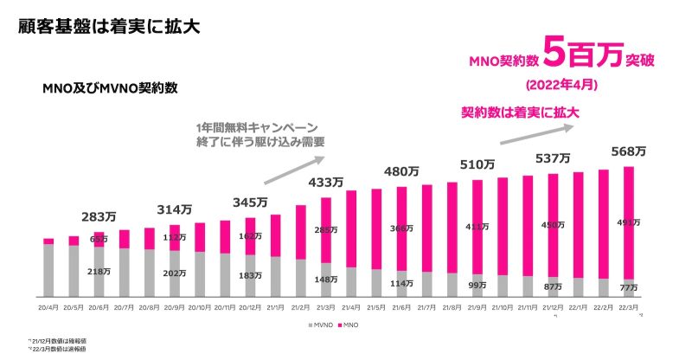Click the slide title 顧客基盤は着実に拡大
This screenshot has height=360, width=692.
coord(109,25)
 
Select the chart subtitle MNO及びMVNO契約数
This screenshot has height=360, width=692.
coord(104,87)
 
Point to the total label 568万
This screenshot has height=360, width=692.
coord(629,151)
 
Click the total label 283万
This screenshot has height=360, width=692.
coord(99,216)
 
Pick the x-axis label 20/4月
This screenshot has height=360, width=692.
coord(49,308)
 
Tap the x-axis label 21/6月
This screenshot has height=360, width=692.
coord(401,308)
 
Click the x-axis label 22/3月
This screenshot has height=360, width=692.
coord(628,308)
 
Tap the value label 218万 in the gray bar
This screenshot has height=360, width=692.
coord(99,272)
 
